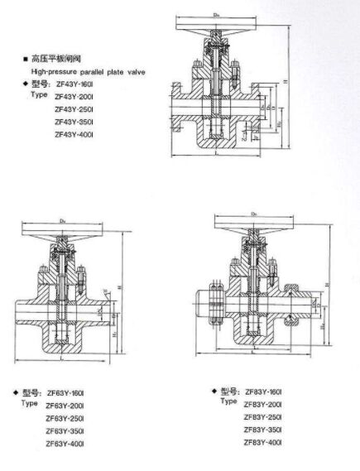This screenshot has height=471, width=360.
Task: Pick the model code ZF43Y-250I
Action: pos(73,108)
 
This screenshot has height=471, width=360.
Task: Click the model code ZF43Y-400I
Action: pos(73,133)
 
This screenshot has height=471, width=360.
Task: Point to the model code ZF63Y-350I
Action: pos(65,431)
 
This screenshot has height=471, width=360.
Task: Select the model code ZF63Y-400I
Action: pos(65,445)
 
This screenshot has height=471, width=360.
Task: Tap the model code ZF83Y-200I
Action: pos(263,403)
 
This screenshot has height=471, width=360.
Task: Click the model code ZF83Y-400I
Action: pos(263,444)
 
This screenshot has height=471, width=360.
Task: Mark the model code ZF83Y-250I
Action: pos(263,416)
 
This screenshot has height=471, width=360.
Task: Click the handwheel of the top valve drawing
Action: pos(216,22)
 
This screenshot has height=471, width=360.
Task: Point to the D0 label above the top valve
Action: pos(216,13)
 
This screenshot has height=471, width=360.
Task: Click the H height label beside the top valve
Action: pos(286,81)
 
